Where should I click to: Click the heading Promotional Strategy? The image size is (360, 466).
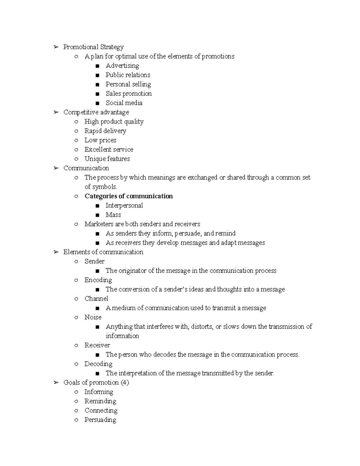(x=93, y=47)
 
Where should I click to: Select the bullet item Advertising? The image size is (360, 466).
(x=122, y=66)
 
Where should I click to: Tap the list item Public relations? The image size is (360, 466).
(x=128, y=75)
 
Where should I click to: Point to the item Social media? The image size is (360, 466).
(x=124, y=103)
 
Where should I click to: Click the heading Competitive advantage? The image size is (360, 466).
(x=96, y=112)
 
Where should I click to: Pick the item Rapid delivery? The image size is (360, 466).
(x=105, y=131)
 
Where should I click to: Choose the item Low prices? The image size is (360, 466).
(x=100, y=140)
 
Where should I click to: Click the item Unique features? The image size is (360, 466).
(x=107, y=159)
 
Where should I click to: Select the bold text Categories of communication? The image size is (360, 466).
(x=128, y=196)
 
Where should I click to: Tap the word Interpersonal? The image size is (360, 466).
(x=124, y=206)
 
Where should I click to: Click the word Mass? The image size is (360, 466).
(x=113, y=215)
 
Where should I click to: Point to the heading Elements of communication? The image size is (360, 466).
(x=103, y=252)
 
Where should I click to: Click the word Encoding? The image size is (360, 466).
(x=98, y=280)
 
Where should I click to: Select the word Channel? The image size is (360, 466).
(x=96, y=299)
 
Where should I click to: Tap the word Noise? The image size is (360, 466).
(x=93, y=317)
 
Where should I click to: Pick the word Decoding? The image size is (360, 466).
(x=98, y=364)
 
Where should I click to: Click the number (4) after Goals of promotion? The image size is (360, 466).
(x=125, y=383)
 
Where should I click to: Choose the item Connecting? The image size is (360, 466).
(x=101, y=410)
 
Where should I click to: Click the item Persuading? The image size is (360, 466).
(x=100, y=420)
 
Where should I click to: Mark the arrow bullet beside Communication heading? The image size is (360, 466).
(x=56, y=168)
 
